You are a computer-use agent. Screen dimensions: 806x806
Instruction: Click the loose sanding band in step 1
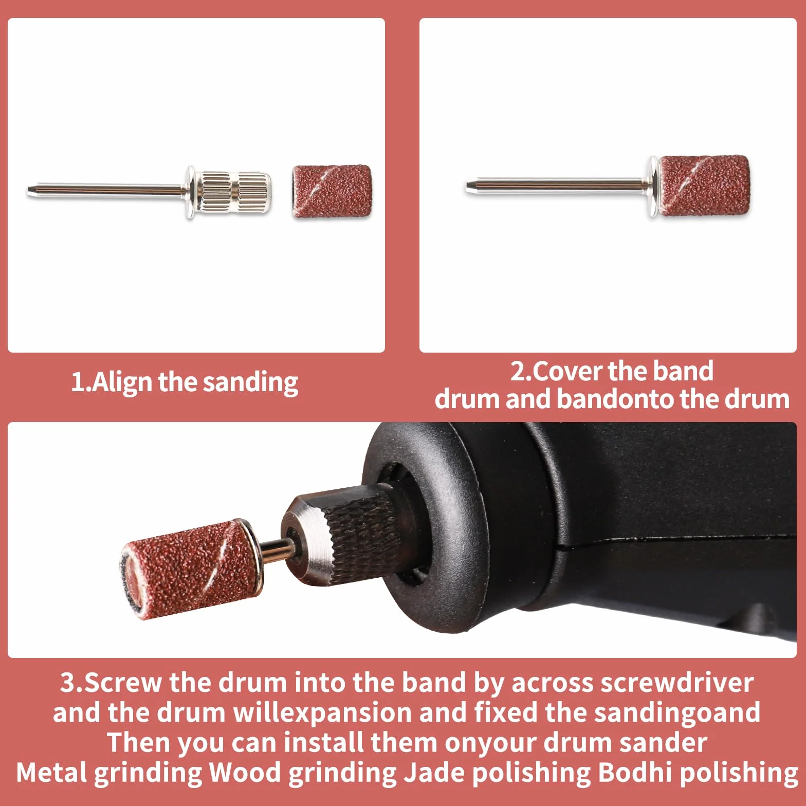[332, 192]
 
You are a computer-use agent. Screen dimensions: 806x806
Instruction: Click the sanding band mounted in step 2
[703, 186]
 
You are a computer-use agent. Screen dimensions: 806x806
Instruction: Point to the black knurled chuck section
[366, 535]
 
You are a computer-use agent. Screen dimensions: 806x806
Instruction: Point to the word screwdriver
[676, 683]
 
